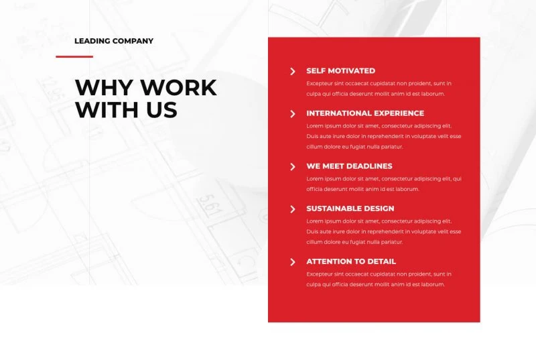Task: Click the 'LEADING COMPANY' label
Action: click(x=114, y=41)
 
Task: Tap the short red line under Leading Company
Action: click(x=74, y=56)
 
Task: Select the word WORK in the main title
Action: click(x=179, y=88)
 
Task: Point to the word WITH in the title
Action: click(x=108, y=110)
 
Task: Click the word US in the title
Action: click(x=162, y=110)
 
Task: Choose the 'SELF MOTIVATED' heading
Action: click(x=340, y=71)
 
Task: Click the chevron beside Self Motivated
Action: click(x=293, y=71)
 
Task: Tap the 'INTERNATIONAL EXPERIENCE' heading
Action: click(x=365, y=113)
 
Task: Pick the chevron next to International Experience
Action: click(x=293, y=114)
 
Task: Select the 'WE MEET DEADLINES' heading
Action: click(x=349, y=166)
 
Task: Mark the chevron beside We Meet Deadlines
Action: click(x=293, y=167)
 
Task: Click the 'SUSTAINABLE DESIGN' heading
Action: click(x=350, y=208)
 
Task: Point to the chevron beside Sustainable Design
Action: click(x=293, y=209)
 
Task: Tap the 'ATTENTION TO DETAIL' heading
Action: click(x=351, y=261)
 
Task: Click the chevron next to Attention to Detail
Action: click(x=293, y=262)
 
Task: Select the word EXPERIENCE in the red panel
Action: click(x=397, y=113)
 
